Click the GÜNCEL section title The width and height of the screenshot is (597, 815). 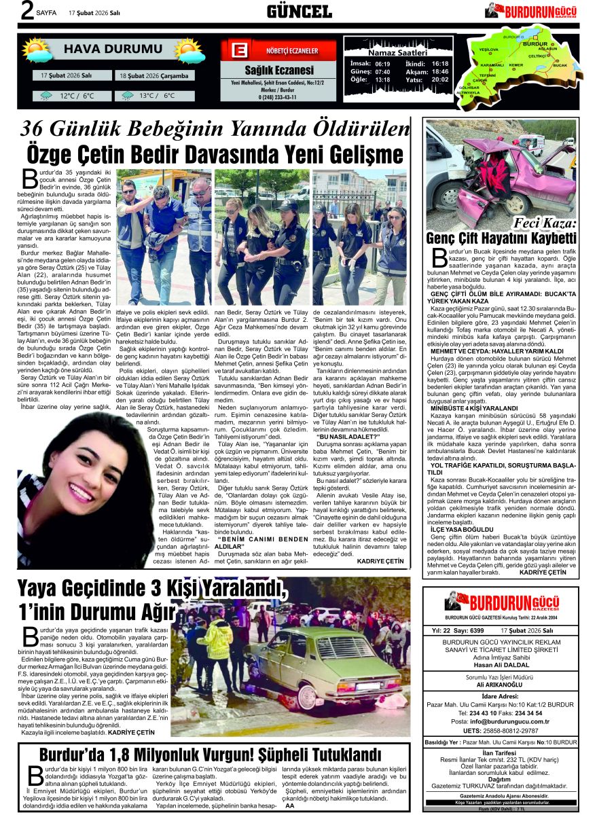point(299,11)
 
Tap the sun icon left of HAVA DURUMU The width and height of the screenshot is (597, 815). point(37,50)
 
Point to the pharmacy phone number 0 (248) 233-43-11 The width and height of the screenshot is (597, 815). point(278,97)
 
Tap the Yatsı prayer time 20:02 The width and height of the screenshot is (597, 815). point(440,79)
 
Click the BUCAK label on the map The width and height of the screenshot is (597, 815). point(560,65)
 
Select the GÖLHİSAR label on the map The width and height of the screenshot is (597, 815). point(469,88)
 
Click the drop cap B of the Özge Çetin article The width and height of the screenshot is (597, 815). point(29,178)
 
